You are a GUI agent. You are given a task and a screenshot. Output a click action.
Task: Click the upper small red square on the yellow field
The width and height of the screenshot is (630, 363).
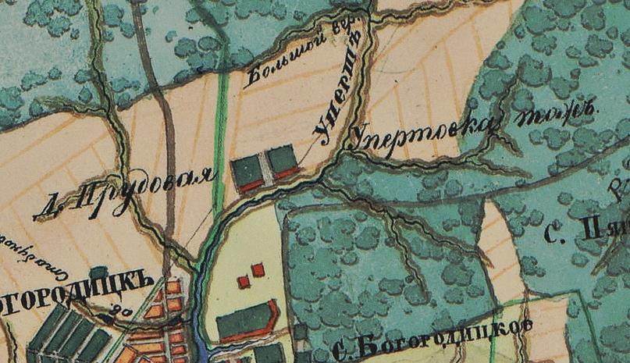point(258,269)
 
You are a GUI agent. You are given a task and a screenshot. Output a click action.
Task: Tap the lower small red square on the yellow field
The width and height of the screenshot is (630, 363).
point(244,281)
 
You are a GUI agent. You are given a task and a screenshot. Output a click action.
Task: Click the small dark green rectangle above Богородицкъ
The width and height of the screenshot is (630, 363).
point(98,273)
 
